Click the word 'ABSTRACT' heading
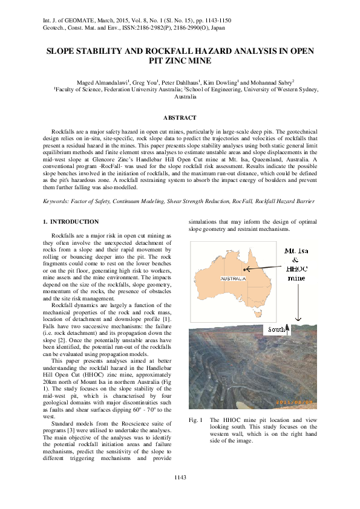(180, 117)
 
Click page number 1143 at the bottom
(180, 478)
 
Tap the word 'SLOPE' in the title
(61, 51)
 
